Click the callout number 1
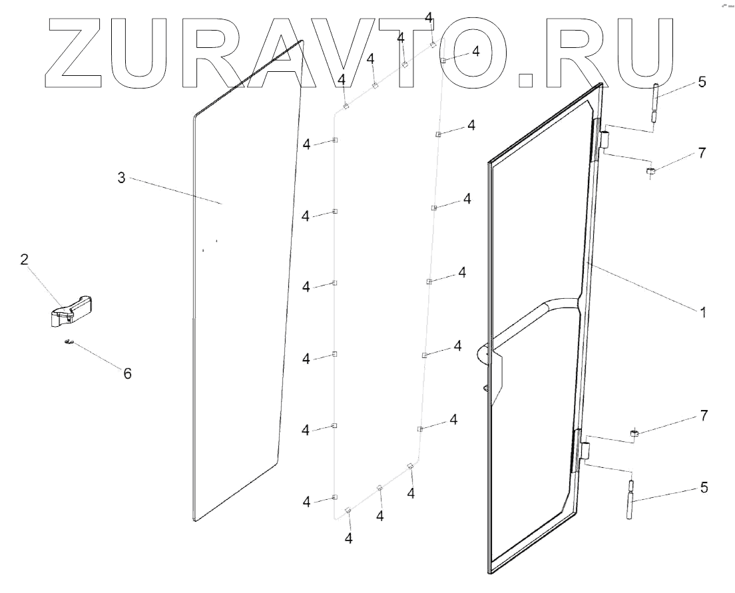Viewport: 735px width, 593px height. tap(702, 311)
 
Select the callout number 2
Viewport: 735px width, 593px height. tap(24, 259)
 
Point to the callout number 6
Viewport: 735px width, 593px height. tap(126, 373)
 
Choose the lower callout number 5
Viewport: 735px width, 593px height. tap(703, 488)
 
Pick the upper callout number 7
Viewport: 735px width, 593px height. tap(702, 153)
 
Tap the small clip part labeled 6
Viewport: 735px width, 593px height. tap(69, 343)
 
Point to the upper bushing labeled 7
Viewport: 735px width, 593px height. tap(650, 173)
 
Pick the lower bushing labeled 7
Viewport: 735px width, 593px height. tap(634, 435)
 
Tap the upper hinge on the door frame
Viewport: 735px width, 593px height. tap(605, 140)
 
